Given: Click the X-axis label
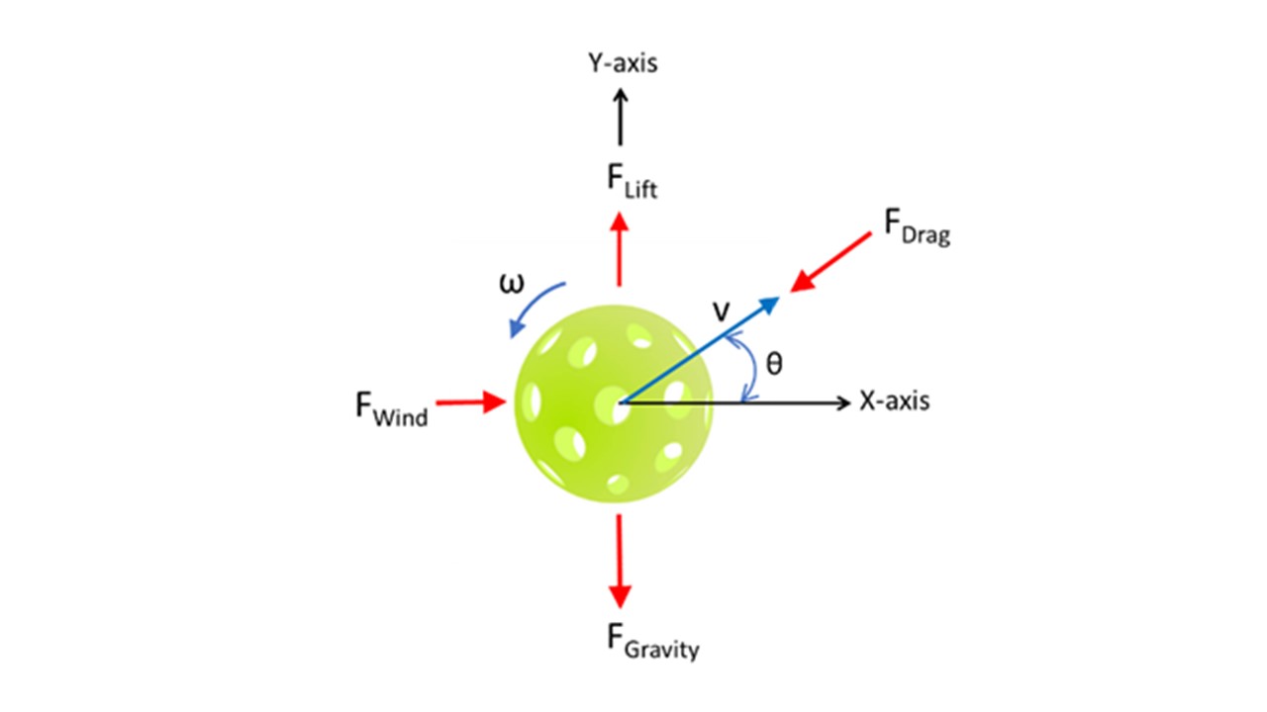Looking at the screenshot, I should point(894,402).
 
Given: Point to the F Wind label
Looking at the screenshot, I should point(392,408).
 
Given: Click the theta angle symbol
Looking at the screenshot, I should point(775,365).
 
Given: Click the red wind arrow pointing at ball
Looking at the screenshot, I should point(471,401).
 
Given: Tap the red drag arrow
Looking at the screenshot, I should point(829,266).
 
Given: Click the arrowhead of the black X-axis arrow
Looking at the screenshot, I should point(843,402).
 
